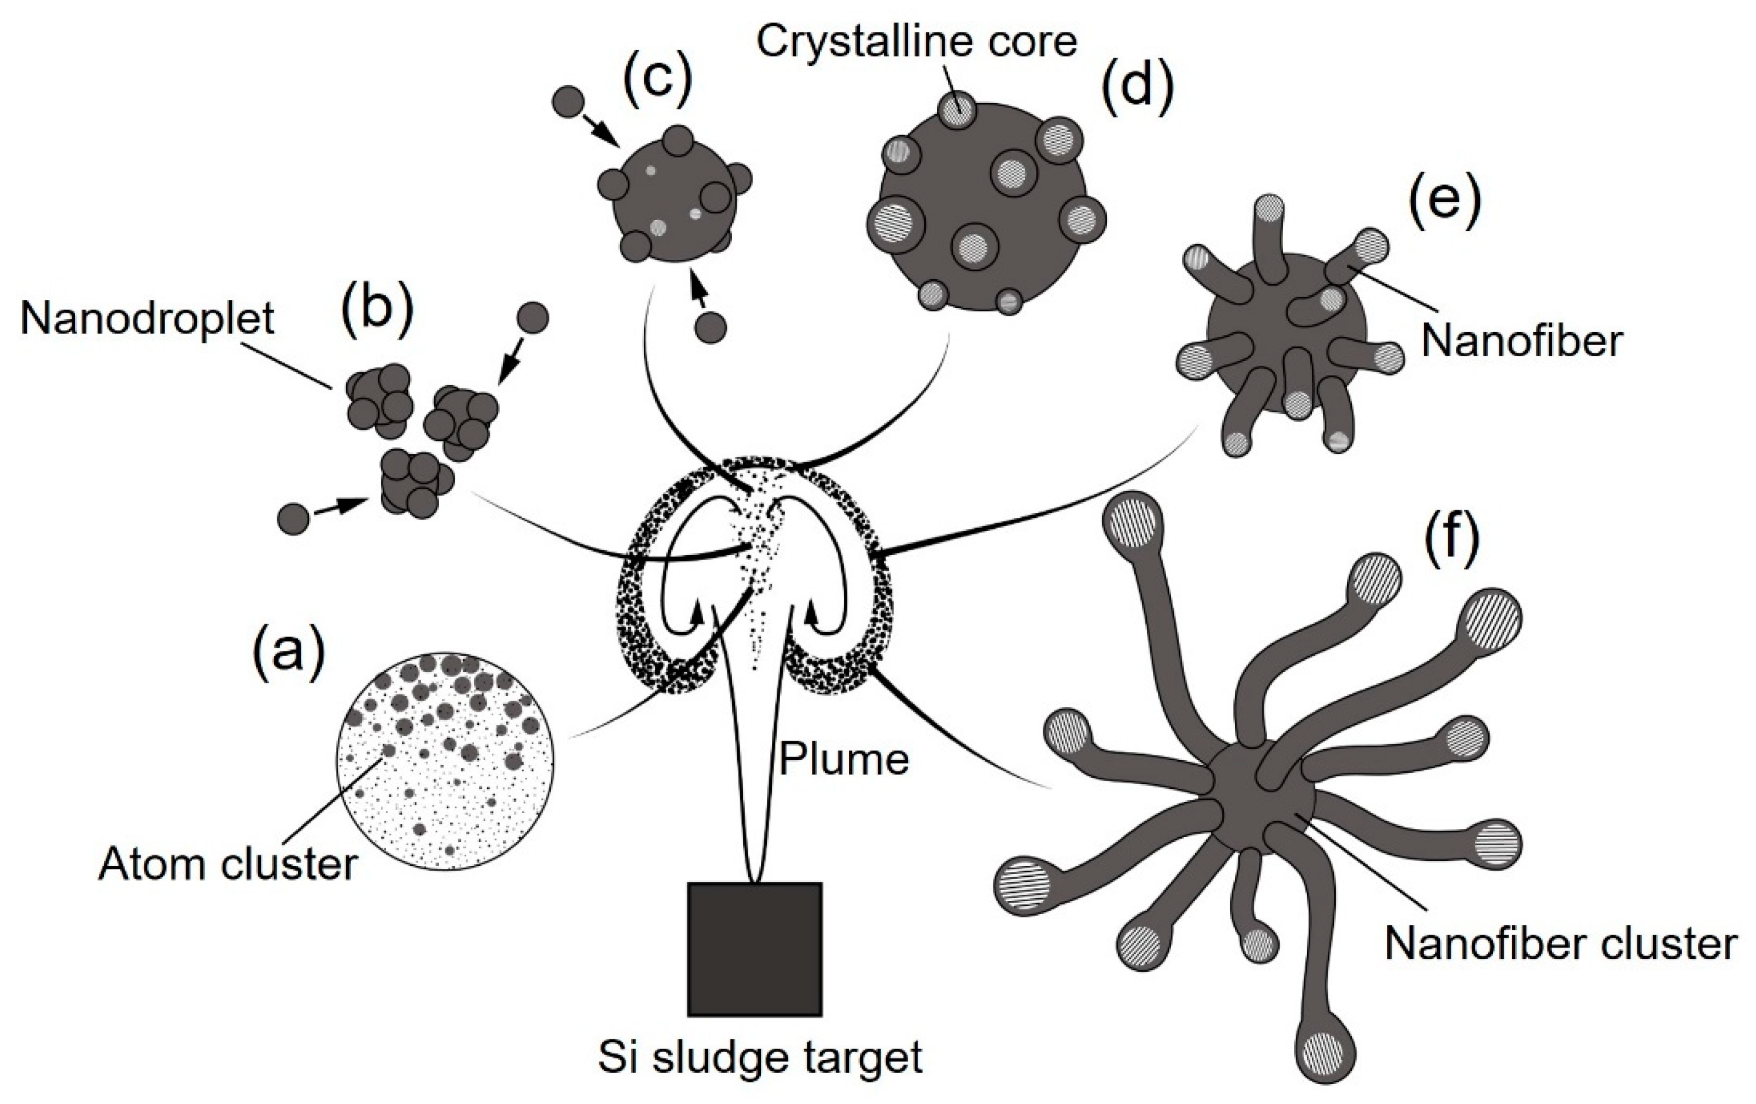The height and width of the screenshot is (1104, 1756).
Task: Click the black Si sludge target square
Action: [755, 949]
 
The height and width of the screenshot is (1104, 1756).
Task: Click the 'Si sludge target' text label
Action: [760, 1059]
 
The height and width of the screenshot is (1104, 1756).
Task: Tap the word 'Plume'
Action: [844, 759]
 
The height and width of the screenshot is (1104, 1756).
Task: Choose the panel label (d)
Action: [1137, 88]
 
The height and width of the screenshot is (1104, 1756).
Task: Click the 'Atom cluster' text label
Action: [227, 865]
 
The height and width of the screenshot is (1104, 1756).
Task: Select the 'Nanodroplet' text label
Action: [146, 319]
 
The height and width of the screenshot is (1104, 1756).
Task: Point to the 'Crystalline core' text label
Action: [916, 41]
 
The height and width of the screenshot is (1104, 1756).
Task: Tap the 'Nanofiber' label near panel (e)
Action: [1522, 341]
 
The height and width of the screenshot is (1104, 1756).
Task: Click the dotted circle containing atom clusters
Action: [445, 762]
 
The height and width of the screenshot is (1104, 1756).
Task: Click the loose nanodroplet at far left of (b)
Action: [294, 520]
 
